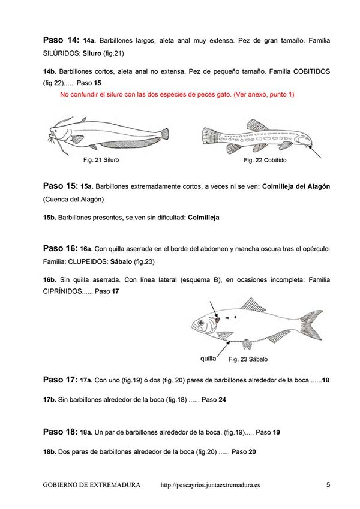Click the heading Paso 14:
click(x=61, y=40)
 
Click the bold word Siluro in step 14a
click(x=92, y=53)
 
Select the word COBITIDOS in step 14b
click(x=310, y=71)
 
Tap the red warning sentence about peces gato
click(x=177, y=95)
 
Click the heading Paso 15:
click(x=61, y=186)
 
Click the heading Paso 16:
click(x=61, y=248)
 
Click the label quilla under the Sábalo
click(x=208, y=359)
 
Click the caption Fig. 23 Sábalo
click(x=248, y=359)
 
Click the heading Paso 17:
click(x=61, y=380)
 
